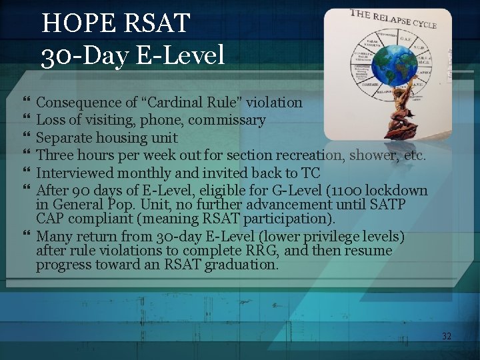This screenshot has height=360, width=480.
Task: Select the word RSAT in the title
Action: (x=157, y=24)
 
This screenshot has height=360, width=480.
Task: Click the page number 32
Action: (x=446, y=337)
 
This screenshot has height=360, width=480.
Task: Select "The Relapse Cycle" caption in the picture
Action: (x=394, y=19)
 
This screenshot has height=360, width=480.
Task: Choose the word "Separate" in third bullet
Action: (x=62, y=139)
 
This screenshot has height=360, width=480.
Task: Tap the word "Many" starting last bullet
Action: (x=53, y=237)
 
